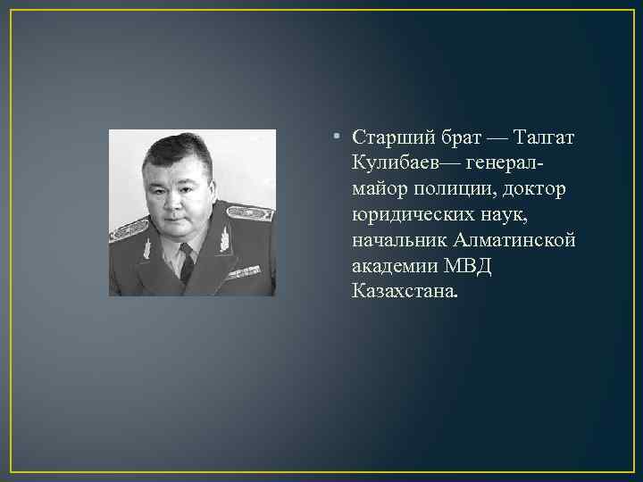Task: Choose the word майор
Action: coord(376,190)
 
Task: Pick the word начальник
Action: coord(399,241)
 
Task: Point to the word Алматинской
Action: coord(514,241)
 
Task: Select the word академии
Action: coord(393,266)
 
